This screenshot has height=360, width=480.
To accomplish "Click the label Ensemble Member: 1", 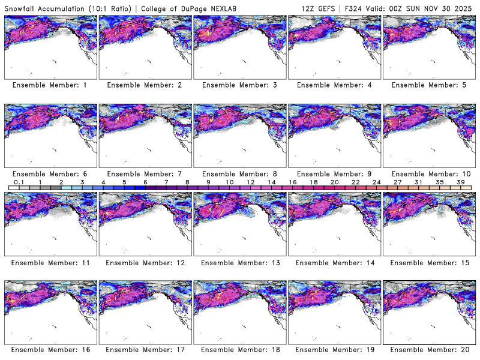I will tap(50, 85).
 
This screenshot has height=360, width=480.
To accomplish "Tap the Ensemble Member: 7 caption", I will tap(145, 174).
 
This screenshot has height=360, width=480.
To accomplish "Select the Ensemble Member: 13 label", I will tap(239, 263).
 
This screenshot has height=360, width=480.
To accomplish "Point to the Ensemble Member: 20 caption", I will tap(428, 349).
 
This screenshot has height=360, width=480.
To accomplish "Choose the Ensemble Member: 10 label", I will tap(428, 174).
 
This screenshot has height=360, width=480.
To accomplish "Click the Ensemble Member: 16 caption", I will tap(50, 349).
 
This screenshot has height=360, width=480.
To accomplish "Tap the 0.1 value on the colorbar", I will tap(19, 181).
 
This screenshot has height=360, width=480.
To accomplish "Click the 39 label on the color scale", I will tap(460, 181).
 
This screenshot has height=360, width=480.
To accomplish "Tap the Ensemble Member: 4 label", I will tap(334, 85).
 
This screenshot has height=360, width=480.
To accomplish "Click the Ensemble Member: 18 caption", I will tap(239, 349).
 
